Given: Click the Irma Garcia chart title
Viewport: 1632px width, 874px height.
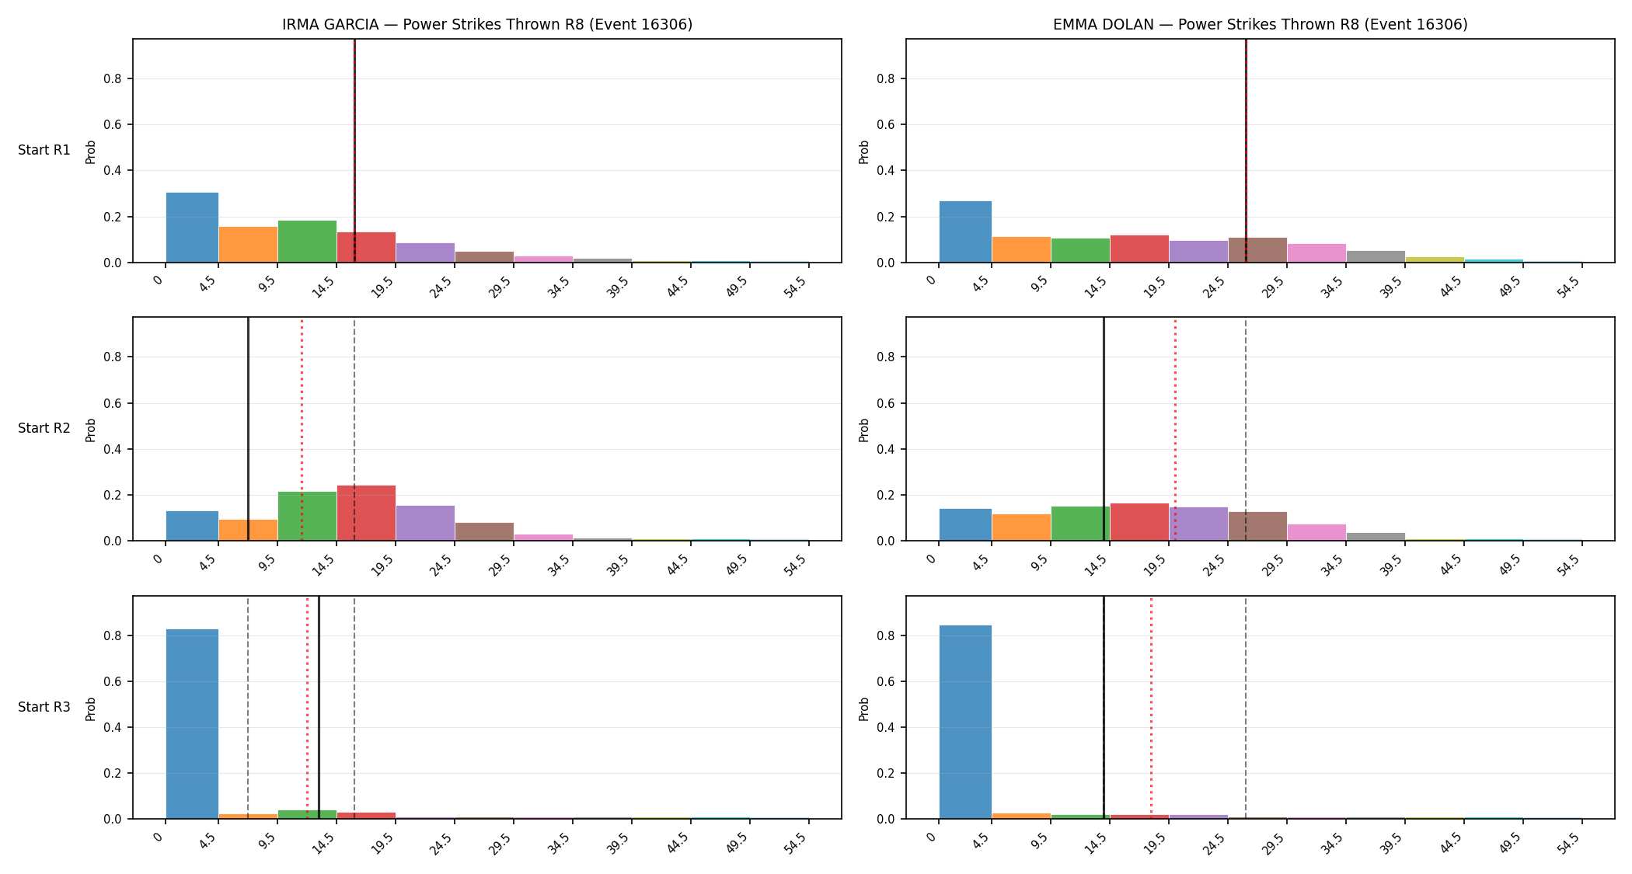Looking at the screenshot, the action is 487,24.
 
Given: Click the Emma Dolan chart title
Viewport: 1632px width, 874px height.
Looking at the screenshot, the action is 1260,24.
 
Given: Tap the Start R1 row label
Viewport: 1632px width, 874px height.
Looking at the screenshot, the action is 44,150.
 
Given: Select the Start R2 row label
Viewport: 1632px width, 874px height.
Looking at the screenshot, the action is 44,428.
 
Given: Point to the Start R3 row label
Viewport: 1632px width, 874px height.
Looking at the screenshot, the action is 44,707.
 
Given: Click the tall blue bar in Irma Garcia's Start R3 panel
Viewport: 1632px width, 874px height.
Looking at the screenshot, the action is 192,724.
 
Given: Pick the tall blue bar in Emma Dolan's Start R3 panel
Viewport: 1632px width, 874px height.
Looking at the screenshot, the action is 965,722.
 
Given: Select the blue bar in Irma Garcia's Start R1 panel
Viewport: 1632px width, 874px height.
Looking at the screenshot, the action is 192,228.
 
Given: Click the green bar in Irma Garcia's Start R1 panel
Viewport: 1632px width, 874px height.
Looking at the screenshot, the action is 307,242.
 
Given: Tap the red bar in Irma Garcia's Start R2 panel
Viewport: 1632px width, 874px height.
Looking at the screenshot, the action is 366,513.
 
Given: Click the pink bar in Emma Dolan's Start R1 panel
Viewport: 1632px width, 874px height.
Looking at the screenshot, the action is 1316,253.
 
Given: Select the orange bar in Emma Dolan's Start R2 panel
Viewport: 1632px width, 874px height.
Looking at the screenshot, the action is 1021,528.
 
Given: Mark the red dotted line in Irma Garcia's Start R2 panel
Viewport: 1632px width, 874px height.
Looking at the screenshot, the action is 302,429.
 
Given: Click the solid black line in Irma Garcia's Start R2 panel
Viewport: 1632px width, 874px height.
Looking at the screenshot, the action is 248,429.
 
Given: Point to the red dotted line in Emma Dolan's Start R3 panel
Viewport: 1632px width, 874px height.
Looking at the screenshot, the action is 1151,708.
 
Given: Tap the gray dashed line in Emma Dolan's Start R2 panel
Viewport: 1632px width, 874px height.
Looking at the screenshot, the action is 1246,429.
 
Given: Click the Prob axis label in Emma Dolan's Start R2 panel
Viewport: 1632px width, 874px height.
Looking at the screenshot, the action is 864,430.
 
